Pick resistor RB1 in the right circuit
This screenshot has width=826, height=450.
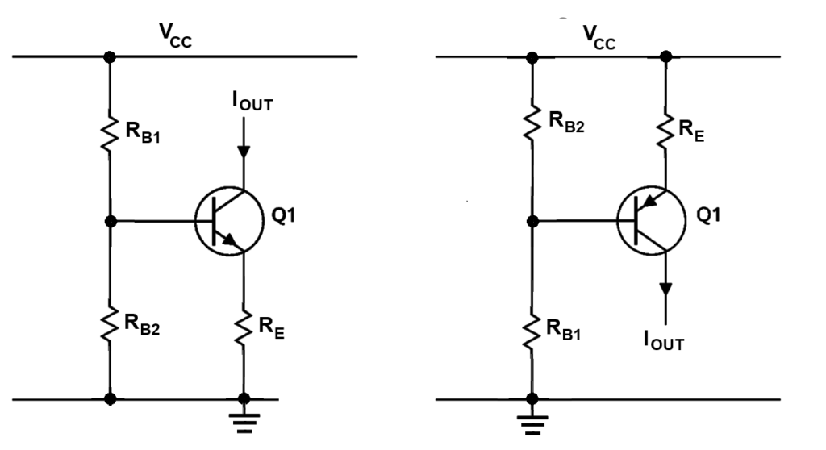click(532, 331)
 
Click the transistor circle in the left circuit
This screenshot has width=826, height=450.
click(227, 219)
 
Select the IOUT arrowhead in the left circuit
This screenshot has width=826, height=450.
click(244, 152)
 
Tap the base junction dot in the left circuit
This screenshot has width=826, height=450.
click(111, 219)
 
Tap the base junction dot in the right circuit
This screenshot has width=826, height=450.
click(532, 219)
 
